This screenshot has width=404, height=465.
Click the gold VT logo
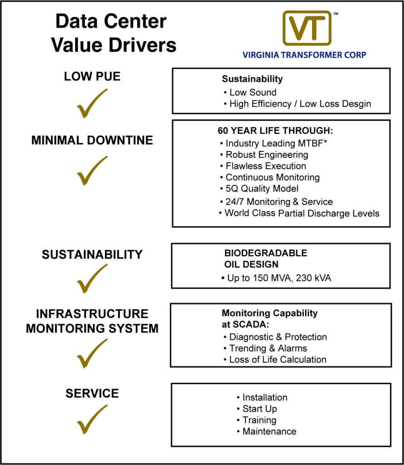click(307, 28)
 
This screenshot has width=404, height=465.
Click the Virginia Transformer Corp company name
click(304, 55)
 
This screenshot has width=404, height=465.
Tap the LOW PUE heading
click(92, 76)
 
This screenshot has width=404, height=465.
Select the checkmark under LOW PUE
click(92, 103)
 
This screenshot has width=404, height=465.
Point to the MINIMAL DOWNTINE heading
click(92, 140)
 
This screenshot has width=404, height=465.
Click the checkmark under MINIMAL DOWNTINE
click(92, 171)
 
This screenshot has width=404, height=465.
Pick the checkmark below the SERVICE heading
click(92, 419)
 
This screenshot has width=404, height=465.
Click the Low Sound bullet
click(253, 93)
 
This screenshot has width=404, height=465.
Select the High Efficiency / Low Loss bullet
click(300, 104)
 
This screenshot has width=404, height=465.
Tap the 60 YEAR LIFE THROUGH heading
click(275, 131)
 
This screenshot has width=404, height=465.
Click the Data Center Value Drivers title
click(113, 33)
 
